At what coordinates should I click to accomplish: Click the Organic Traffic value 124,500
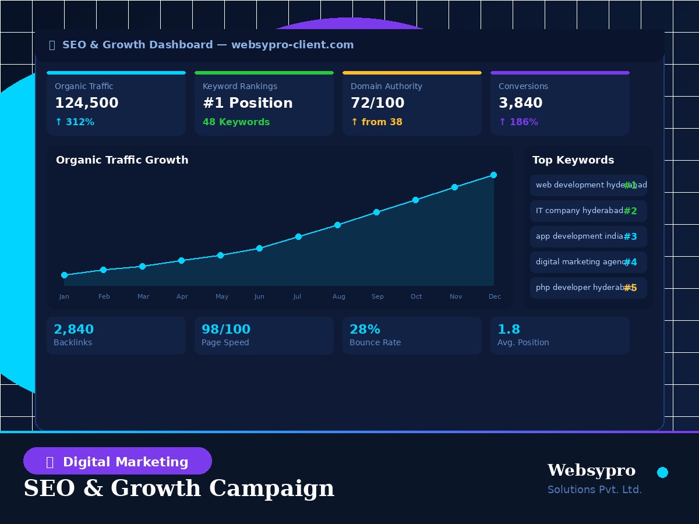(87, 103)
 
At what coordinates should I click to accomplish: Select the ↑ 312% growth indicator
(75, 122)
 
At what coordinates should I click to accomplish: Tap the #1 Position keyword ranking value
(248, 103)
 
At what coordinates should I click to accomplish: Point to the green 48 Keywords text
(236, 122)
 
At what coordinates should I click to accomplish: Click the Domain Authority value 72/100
(377, 103)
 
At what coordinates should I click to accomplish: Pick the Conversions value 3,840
(520, 103)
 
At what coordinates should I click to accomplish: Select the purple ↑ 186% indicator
(518, 122)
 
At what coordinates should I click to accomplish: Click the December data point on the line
(493, 175)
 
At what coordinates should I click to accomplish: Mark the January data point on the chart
(64, 275)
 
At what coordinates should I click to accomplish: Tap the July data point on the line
(298, 236)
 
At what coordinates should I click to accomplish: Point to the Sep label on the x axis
(377, 297)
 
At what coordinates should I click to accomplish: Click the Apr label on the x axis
(182, 297)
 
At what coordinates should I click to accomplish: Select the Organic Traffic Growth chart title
(122, 160)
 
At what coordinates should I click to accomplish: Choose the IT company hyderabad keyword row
(588, 211)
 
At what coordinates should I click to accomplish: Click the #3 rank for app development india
(630, 236)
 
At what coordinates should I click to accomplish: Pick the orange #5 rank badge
(630, 288)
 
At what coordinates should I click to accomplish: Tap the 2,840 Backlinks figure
(73, 330)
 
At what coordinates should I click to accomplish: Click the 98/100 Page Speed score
(226, 330)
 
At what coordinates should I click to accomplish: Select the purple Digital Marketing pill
(118, 461)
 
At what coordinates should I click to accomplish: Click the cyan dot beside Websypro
(662, 472)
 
